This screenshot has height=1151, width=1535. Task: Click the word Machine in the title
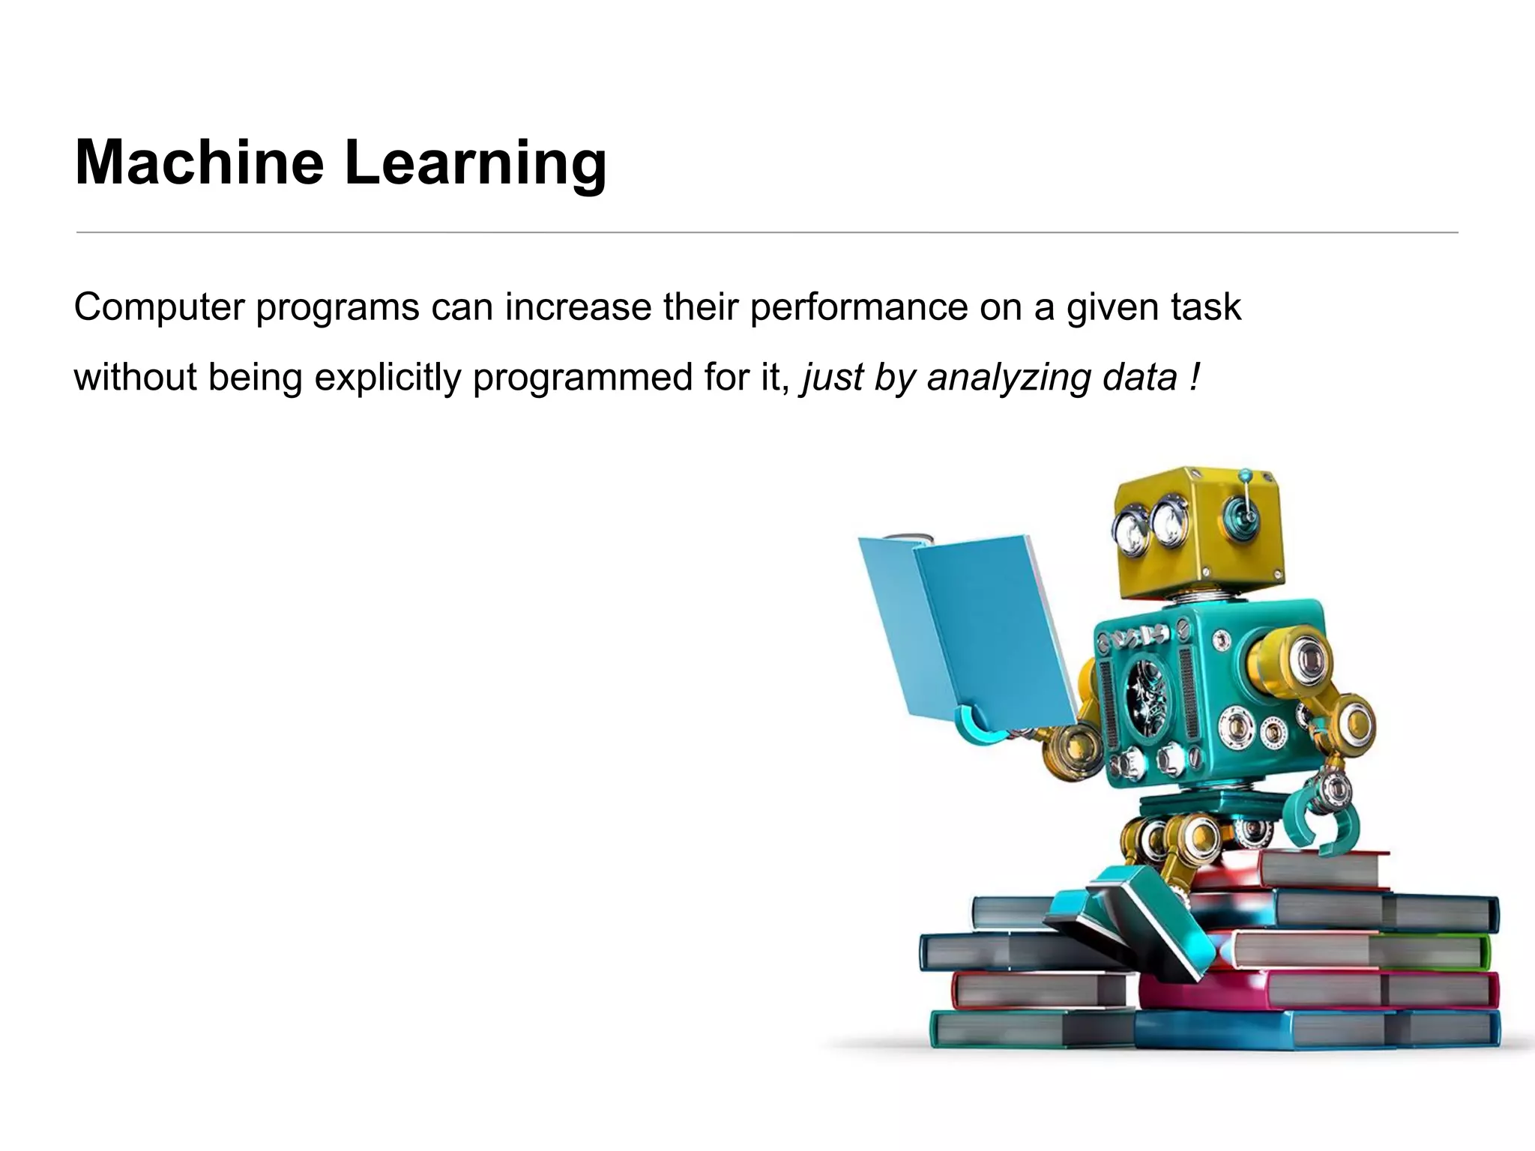[199, 163]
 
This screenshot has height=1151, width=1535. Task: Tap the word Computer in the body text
[159, 307]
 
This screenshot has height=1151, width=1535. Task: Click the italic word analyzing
[1009, 378]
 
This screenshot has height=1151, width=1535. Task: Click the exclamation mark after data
[1194, 376]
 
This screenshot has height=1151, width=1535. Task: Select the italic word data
[1139, 378]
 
